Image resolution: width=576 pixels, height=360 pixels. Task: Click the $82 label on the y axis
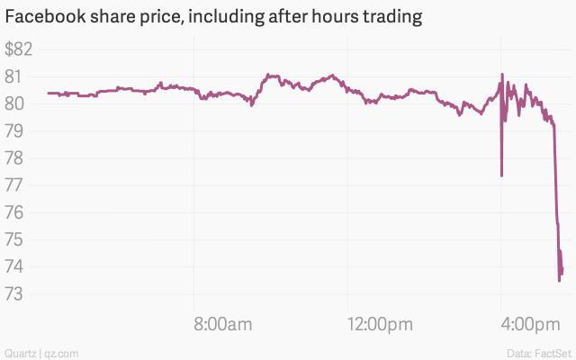click(19, 49)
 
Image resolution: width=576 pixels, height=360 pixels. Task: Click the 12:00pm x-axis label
click(379, 325)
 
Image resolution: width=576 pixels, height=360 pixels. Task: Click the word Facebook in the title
click(45, 17)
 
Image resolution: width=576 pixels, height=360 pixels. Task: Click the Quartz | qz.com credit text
click(40, 352)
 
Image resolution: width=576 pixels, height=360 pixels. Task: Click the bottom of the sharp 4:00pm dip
click(501, 175)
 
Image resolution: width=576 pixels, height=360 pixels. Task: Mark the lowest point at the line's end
click(560, 281)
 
